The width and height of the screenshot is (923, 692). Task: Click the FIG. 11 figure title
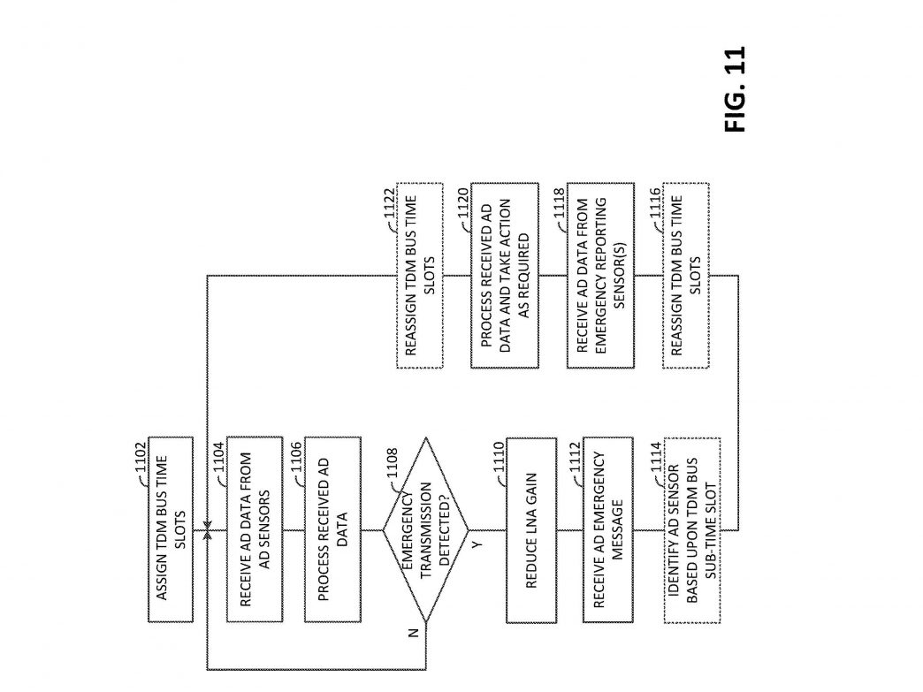pos(736,89)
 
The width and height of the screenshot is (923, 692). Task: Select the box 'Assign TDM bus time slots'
pos(171,529)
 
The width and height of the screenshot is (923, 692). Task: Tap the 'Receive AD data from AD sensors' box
pos(255,529)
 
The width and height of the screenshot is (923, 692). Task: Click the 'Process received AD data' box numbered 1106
pos(332,529)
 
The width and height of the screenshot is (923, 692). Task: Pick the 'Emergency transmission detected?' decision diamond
pos(425,529)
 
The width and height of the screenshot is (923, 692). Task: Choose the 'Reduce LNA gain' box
pos(531,529)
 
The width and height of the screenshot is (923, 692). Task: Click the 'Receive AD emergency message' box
pos(608,529)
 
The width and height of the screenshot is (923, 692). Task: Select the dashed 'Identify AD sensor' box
pos(692,529)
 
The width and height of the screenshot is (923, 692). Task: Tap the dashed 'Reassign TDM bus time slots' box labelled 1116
pos(686,276)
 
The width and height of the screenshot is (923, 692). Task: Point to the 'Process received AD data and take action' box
pos(505,276)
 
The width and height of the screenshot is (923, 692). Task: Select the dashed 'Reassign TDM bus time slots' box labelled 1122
pos(420,276)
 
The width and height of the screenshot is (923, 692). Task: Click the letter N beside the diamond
pos(413,633)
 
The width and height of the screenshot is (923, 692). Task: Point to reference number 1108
pos(393,463)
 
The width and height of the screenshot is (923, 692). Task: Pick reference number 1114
pos(656,458)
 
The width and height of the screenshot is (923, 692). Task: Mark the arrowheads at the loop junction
pos(207,529)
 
